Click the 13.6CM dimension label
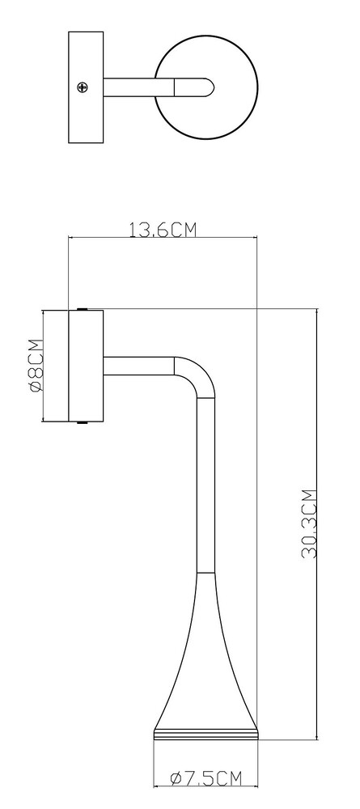[x=163, y=229]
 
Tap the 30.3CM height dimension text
[x=309, y=523]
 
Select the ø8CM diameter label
[x=36, y=366]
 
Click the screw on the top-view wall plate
[x=82, y=87]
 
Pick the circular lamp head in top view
[x=205, y=87]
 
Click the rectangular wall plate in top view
[x=86, y=87]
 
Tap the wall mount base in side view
[x=86, y=366]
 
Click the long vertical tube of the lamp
[x=205, y=485]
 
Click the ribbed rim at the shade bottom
[x=205, y=735]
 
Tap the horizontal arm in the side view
[x=138, y=366]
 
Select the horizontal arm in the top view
[x=138, y=87]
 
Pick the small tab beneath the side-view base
[x=82, y=423]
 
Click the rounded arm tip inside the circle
[x=194, y=87]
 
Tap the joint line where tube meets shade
[x=205, y=573]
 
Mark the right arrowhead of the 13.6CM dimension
[x=254, y=238]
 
